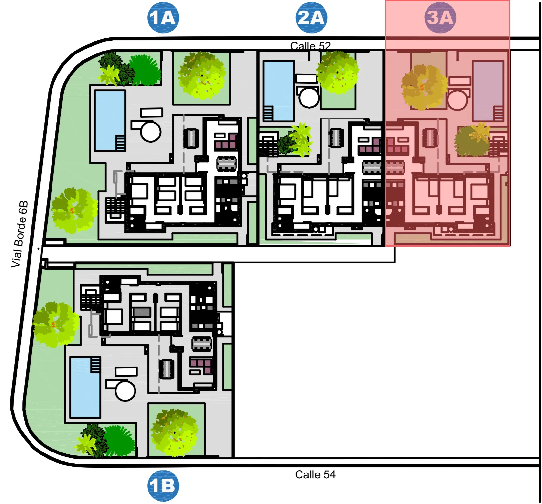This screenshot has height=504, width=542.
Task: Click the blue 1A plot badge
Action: coord(163,18)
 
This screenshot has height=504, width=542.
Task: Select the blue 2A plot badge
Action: coord(311,18)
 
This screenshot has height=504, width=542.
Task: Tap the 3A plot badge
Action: coord(440,18)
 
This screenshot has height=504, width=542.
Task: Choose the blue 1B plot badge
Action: coord(163,486)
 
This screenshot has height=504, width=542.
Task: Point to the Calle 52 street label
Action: coord(310,46)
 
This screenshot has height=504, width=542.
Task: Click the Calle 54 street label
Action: coord(315,474)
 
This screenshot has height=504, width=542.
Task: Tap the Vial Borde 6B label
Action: coord(19,234)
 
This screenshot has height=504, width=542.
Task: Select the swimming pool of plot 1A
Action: coord(110,120)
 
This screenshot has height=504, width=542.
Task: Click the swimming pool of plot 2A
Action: coord(279,91)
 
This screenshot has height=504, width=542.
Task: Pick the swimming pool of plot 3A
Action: coord(488,91)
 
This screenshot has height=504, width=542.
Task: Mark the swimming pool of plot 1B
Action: coord(85,387)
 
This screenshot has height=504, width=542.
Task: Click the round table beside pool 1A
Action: coord(151,132)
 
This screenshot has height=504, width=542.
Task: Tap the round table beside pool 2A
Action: coord(309,97)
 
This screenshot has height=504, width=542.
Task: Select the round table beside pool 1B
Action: coord(125,390)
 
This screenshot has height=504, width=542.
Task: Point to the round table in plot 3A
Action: coord(457,100)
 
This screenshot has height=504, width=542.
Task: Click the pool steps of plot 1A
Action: coord(120,143)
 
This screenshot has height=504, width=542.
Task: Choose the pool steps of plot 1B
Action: coord(96,365)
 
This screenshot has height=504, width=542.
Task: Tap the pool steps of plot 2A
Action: coord(268,114)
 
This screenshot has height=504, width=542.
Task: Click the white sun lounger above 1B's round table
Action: coord(126,371)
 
